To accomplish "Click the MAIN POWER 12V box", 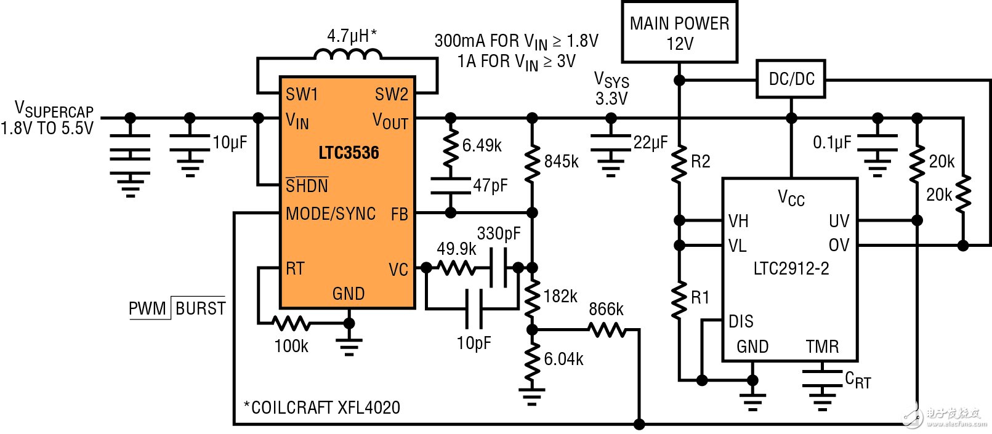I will [679, 33].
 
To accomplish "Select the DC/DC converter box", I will [791, 79].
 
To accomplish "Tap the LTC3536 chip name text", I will [349, 153].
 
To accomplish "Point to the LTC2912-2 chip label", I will [791, 268].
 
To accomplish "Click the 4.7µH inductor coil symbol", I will [348, 55].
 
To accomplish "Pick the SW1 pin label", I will [302, 94].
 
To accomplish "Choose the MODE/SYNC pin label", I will [331, 214].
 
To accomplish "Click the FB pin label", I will [400, 214].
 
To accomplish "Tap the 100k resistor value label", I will [291, 346].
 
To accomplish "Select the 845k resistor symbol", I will [533, 161].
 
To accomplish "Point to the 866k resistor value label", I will [606, 309].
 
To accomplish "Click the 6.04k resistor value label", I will [563, 359].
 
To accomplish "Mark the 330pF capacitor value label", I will [498, 233].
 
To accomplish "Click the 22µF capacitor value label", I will [650, 143].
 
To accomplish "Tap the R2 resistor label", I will [701, 161].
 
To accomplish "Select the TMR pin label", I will [822, 347].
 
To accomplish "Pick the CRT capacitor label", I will [858, 380].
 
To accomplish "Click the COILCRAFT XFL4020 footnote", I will [322, 408].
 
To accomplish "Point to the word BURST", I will [200, 308].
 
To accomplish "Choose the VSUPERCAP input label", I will [54, 110].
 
